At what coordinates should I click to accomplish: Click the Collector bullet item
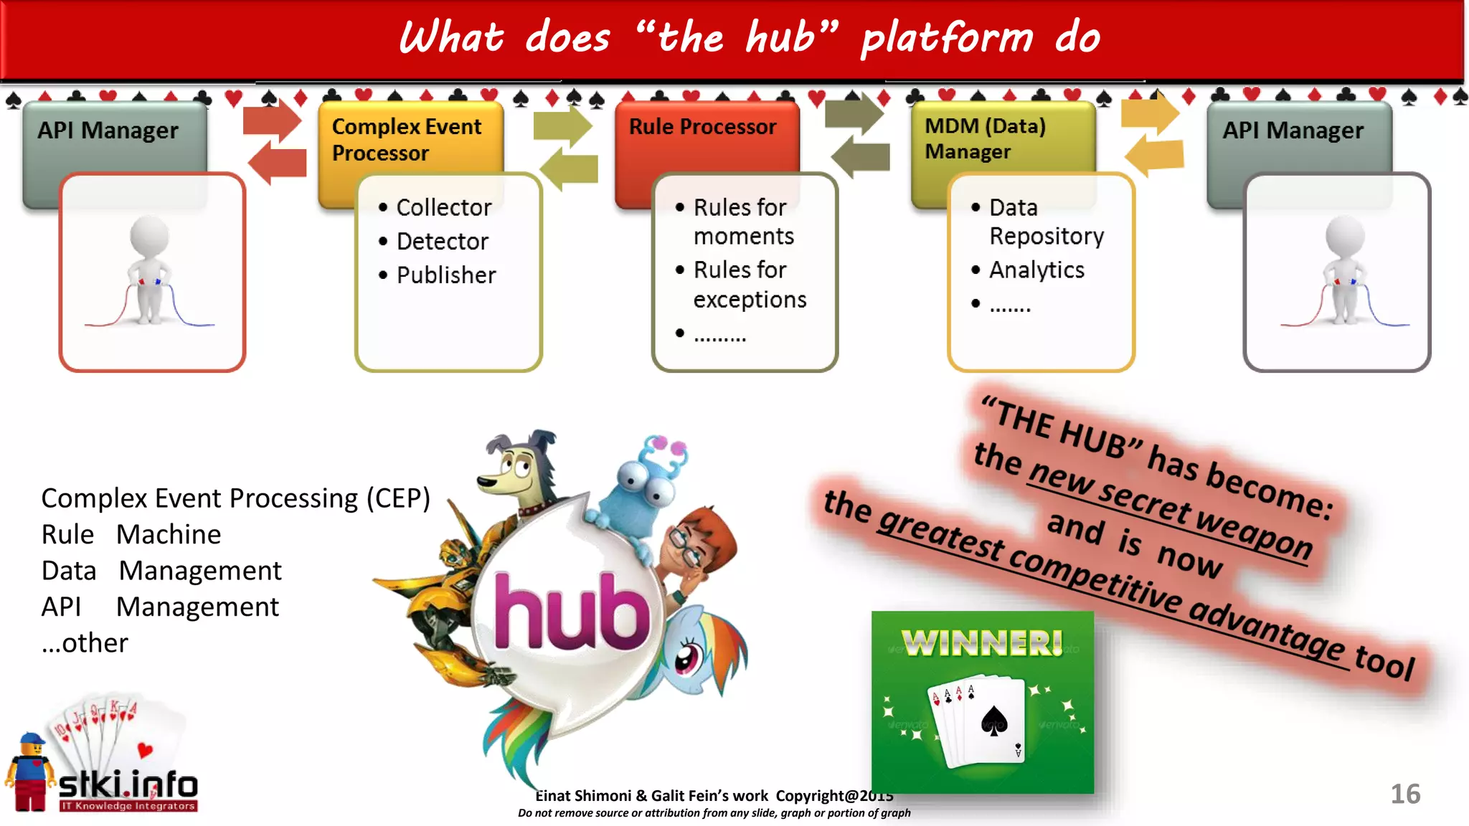click(x=443, y=208)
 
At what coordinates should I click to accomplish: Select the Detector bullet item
click(x=442, y=242)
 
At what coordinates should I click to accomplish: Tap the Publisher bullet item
click(x=445, y=275)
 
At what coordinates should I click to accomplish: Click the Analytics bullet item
click(x=1036, y=270)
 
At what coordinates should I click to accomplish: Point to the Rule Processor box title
click(x=702, y=127)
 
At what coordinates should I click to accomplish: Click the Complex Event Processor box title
click(x=406, y=140)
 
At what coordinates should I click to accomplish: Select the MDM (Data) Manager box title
click(x=984, y=138)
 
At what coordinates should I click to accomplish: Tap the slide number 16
click(x=1404, y=794)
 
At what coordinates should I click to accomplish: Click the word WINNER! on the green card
click(x=982, y=642)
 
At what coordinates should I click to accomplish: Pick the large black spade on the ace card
click(x=994, y=721)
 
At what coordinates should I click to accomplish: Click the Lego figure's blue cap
click(x=32, y=739)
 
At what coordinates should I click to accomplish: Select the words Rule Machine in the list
click(x=131, y=535)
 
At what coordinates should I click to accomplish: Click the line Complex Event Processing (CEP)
click(x=235, y=498)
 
